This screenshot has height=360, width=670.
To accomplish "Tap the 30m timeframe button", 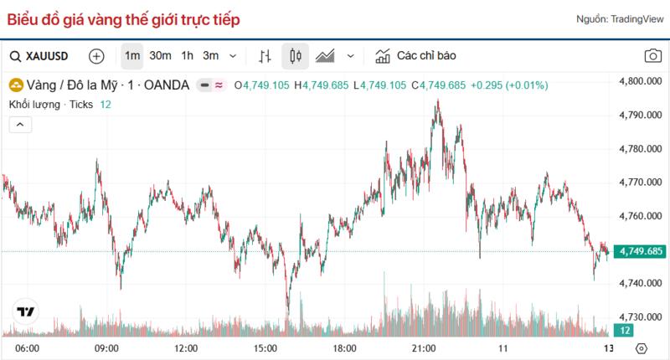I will point(160,56).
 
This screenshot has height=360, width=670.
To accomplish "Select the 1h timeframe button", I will point(188,56).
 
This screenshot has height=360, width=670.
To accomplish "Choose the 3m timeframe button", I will point(210,56).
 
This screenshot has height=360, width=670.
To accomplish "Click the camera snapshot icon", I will point(652,56).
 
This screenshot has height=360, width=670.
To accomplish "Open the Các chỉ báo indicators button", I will point(415,56).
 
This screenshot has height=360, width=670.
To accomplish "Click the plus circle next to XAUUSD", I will point(96,56).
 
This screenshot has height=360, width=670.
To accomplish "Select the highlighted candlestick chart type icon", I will point(295,56).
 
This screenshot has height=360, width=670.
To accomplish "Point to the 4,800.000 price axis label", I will point(640,82).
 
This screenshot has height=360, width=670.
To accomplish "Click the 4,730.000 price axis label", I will point(640,317).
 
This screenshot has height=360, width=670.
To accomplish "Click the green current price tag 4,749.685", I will point(640,251).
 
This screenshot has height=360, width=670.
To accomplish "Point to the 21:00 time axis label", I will point(424,347).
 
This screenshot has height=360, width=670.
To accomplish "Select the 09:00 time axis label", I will point(106,347).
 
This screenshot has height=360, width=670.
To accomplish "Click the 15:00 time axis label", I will point(265,347).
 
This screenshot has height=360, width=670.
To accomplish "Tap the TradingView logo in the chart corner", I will point(25,311).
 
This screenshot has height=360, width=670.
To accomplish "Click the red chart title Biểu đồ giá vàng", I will point(124,18).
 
